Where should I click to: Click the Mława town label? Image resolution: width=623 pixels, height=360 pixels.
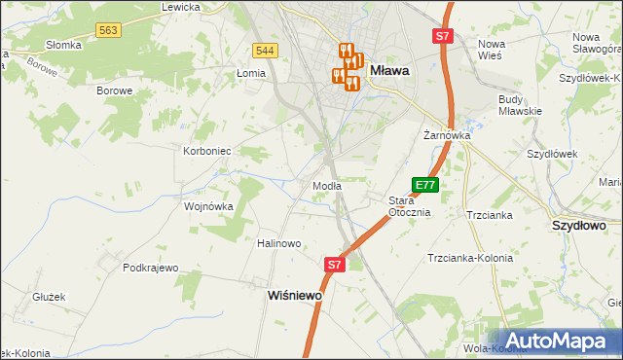coord(389,70)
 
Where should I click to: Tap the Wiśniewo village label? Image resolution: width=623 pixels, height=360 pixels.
coord(295,295)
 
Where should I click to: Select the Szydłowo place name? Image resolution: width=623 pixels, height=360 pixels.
coord(579,225)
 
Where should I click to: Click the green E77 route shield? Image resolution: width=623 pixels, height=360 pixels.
coord(425,184)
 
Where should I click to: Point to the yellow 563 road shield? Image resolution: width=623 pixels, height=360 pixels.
coord(108,31)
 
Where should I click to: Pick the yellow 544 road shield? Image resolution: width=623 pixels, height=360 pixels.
coord(264,50)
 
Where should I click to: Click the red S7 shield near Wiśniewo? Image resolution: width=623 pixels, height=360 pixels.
coord(334,264)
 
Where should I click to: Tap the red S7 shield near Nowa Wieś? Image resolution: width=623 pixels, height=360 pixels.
coord(443,36)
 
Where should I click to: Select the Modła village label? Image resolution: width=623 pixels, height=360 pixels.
coord(326,186)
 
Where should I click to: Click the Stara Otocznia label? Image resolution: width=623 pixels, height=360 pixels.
coord(410,206)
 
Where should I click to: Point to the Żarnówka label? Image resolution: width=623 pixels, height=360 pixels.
coord(447,135)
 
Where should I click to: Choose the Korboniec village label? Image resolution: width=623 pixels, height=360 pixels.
coord(206,151)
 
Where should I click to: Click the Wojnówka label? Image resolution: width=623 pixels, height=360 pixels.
coord(209,206)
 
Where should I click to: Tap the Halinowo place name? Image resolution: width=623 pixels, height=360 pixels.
coord(278,243)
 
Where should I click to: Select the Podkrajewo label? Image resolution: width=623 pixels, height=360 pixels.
coord(151,268)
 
